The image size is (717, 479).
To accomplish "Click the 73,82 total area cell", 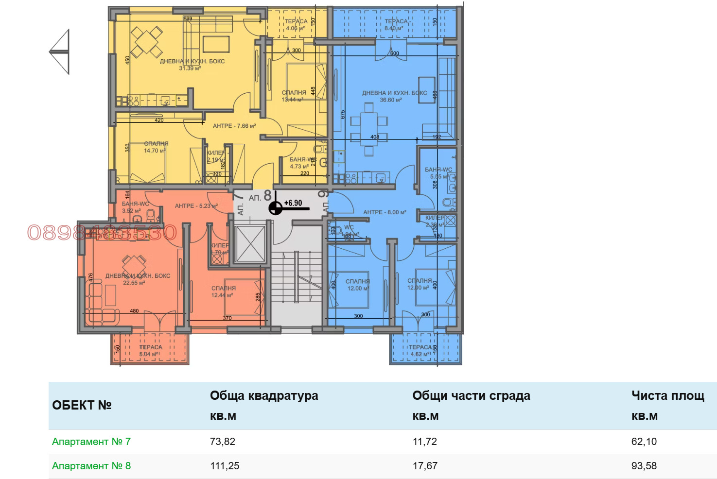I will pos(223,442).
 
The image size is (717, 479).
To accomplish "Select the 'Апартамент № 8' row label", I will pos(91,466).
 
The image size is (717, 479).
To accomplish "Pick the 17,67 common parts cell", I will pos(425,466).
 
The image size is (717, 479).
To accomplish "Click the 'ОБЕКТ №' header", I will pos(82,405).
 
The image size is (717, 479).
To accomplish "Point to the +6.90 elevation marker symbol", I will pos(276,208).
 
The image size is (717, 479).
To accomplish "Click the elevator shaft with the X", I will pos(250,244).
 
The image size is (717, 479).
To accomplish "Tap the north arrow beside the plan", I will pos(61,51).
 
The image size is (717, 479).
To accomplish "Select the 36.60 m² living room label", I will pos(394,96).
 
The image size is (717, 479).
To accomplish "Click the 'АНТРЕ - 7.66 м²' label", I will pos(234,126).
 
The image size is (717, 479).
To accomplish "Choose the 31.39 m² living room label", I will pos(192,65).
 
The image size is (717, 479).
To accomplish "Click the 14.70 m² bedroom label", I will pos(156,147).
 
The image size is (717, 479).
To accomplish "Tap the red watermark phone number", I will pos(102,233).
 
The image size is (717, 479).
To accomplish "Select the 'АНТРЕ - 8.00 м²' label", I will pos(385,212).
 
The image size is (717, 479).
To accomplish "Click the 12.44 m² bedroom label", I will pos(223,291).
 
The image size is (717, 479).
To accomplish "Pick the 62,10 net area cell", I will pos(644,442).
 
